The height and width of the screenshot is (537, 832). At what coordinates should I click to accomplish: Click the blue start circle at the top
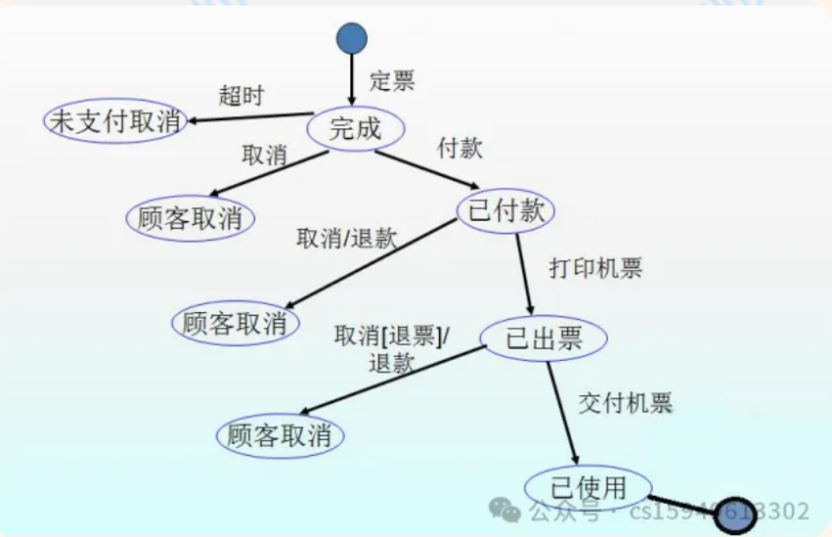click(352, 38)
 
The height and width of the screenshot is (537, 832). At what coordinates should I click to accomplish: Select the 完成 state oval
click(355, 128)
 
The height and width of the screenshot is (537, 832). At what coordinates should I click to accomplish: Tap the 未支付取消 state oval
click(115, 120)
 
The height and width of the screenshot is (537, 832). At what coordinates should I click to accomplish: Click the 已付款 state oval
click(505, 210)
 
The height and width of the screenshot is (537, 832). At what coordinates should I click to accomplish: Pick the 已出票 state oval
click(544, 338)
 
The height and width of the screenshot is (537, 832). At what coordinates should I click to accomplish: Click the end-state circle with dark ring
click(734, 515)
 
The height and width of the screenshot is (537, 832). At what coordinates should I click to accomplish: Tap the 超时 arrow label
click(241, 95)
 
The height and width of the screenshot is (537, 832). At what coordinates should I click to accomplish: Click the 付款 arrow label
click(460, 150)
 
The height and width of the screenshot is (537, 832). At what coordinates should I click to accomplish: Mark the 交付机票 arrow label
click(626, 402)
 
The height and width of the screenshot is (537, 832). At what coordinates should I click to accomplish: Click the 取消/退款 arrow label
click(347, 238)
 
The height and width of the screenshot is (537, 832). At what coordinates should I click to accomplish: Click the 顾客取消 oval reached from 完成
click(190, 217)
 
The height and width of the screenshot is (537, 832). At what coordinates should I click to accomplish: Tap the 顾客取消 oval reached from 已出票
click(280, 436)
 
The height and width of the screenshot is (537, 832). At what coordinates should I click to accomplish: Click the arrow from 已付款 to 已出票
click(526, 273)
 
